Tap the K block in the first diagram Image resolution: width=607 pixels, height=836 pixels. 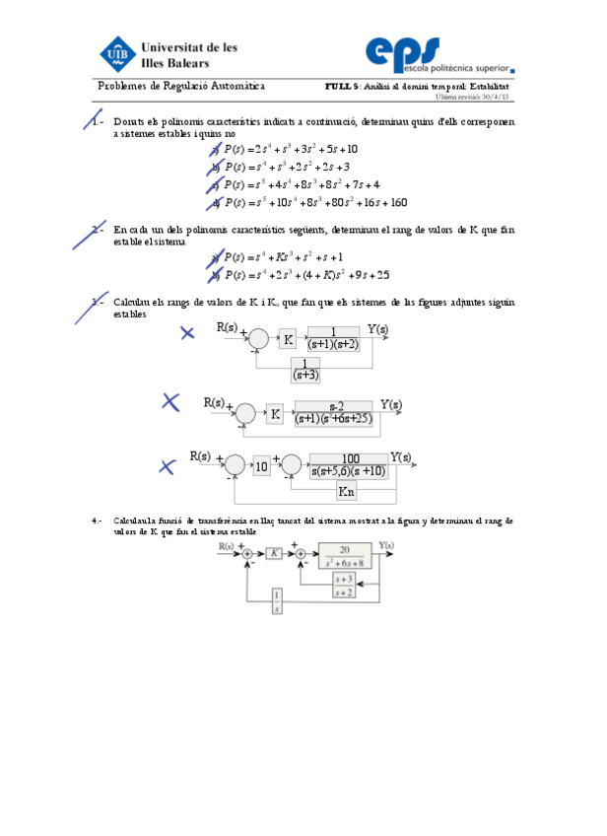click(288, 339)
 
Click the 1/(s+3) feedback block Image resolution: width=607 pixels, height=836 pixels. click(305, 370)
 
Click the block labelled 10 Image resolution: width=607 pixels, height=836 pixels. click(261, 465)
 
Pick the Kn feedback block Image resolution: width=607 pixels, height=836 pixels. click(346, 491)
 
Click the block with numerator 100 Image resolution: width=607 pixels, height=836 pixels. click(349, 464)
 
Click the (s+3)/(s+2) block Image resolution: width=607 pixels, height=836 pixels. click(343, 586)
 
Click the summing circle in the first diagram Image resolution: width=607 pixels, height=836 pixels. click(258, 339)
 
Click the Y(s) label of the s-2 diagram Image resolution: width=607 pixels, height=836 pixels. click(390, 404)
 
